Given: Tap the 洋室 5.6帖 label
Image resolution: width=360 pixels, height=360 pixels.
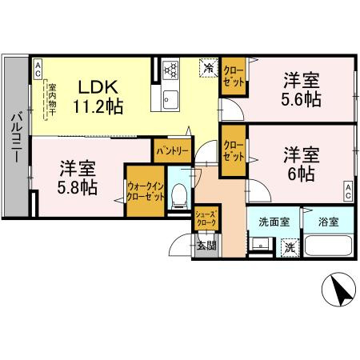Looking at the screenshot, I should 301,90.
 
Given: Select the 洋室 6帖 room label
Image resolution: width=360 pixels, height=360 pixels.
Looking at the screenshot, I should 301,162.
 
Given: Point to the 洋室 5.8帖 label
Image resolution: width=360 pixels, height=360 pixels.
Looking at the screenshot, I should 78,177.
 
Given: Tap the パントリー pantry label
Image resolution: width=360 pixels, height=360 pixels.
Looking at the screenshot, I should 173,150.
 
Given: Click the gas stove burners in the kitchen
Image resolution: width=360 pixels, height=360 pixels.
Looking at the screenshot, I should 170,70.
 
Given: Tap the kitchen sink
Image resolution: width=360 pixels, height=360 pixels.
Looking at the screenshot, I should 170,98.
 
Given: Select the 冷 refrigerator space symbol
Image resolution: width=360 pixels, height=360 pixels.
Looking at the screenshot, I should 208,67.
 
